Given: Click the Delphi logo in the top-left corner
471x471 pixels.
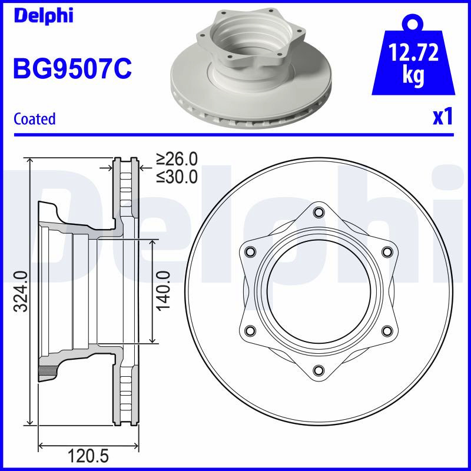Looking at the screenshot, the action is point(44,16).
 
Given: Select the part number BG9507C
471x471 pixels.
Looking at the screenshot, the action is point(72,69).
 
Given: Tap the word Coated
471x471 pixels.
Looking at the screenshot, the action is point(35,119).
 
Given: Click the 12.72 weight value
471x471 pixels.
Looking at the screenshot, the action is point(413,52).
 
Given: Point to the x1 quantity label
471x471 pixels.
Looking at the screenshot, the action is point(443,117).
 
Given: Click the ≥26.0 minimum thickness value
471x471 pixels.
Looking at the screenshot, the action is point(177,159).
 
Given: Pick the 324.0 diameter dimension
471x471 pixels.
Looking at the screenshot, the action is point(21,291).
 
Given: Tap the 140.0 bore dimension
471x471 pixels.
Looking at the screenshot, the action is point(163,291).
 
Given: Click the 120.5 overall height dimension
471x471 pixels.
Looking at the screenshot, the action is point(88,456).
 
